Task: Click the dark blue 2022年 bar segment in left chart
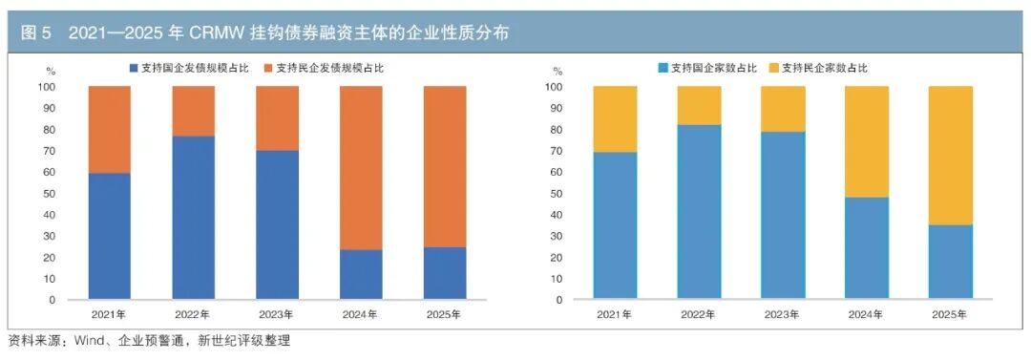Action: [193, 218]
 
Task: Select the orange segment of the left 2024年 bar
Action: [361, 168]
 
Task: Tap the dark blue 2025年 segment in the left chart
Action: [445, 273]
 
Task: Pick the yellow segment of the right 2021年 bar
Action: [615, 119]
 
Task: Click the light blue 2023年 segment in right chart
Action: [783, 216]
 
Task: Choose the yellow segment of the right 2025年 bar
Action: [950, 156]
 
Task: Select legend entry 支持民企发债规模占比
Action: [325, 67]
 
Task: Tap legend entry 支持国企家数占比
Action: [707, 68]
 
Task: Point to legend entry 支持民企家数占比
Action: [818, 68]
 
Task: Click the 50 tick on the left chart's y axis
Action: [69, 194]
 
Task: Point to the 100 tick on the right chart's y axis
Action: [556, 87]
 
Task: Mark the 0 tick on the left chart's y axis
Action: [73, 300]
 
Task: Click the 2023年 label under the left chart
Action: [277, 314]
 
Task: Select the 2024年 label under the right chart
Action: [866, 314]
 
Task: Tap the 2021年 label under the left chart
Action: [109, 314]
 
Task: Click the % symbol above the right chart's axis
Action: [558, 71]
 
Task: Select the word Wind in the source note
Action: [88, 341]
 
